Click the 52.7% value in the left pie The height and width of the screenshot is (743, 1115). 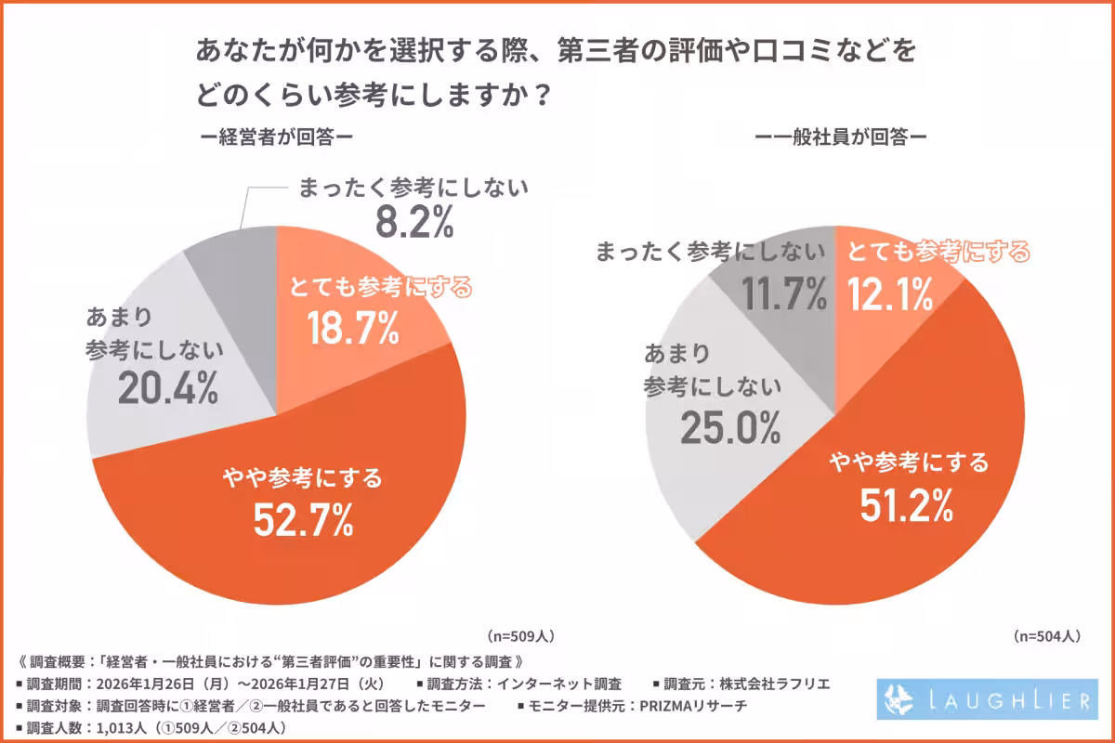tap(304, 520)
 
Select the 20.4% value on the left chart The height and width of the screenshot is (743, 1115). tap(168, 390)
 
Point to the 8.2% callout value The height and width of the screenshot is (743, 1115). tap(413, 224)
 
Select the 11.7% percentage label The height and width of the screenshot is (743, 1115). tap(784, 295)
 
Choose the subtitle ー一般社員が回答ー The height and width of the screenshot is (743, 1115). tap(841, 137)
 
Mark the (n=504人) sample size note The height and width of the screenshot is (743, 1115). tap(1045, 636)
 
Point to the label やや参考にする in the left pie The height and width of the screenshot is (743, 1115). tap(304, 479)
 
